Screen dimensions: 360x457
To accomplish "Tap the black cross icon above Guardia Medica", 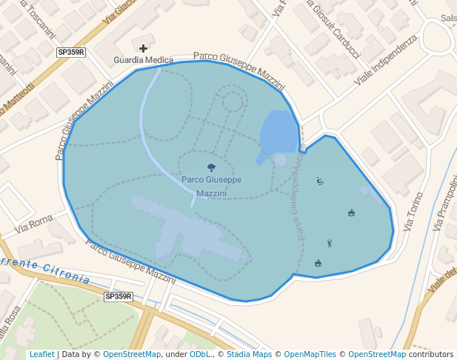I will tap(143, 48).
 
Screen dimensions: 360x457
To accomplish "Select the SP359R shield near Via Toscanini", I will tap(72, 53).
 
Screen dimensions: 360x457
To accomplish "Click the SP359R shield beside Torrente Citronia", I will tap(118, 296).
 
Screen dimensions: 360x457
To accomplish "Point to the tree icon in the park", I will tap(212, 168).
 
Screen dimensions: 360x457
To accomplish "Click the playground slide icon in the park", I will tap(320, 180).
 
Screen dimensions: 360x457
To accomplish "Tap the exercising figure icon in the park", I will tap(330, 243).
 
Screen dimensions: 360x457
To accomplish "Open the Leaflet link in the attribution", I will tap(41, 355).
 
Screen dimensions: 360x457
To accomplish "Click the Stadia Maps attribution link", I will tap(251, 355).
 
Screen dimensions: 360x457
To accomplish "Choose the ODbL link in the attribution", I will tap(200, 355).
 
